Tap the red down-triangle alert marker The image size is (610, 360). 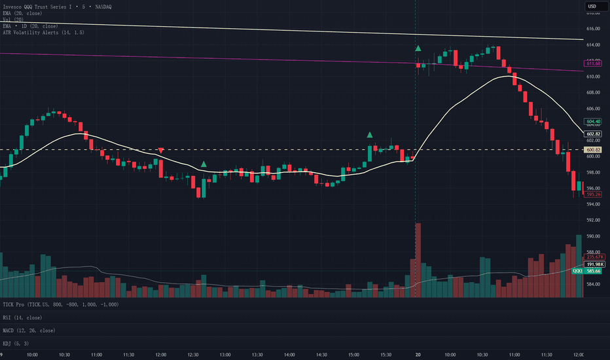pos(160,151)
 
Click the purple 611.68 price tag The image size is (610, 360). pos(593,63)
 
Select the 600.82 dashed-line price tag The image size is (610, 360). pos(593,150)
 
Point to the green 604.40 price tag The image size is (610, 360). pos(593,122)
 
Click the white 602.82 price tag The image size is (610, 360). pos(593,134)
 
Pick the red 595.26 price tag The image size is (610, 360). pos(593,194)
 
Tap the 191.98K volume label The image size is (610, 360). pos(595,264)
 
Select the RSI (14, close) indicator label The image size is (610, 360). pos(22,317)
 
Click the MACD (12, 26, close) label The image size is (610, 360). pos(29,331)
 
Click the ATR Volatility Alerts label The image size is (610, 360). pos(44,32)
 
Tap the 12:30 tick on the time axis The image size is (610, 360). pos(193,355)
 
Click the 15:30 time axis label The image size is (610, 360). pos(386,355)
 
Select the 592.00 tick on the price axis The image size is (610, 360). pos(593,221)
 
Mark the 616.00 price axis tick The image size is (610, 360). pos(593,29)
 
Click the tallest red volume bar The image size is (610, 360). pos(418,260)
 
